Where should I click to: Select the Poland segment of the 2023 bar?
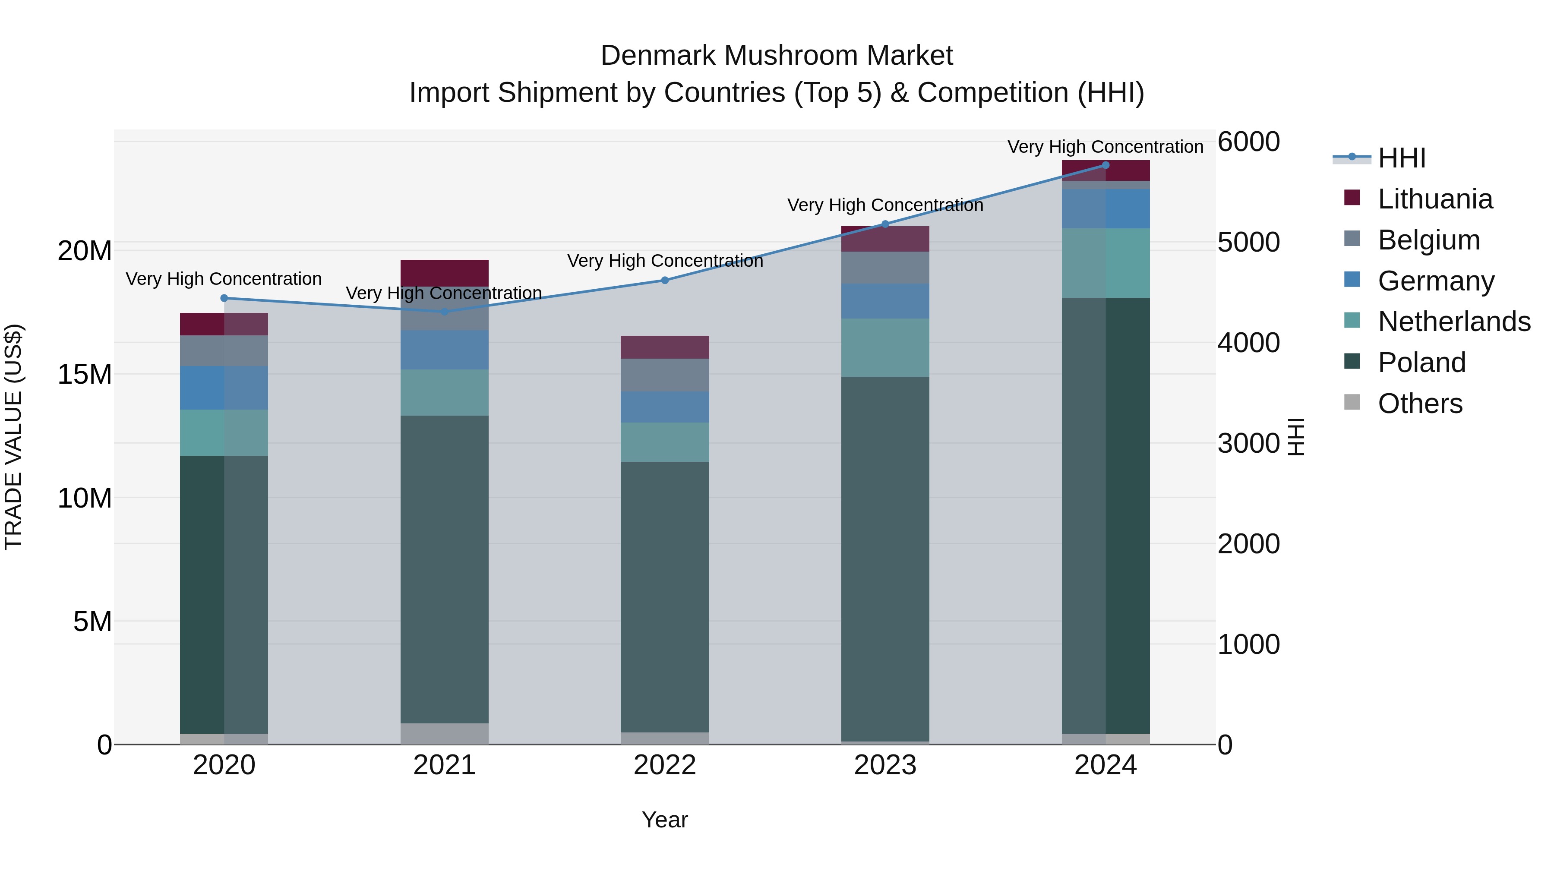[885, 558]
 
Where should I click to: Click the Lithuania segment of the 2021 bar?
[445, 273]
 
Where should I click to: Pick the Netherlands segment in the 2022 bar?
[665, 442]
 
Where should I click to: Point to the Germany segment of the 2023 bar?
[885, 301]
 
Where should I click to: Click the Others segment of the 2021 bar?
[445, 733]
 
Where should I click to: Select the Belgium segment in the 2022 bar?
[665, 375]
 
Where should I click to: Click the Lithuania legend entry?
[1434, 199]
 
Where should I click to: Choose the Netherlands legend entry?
[1454, 322]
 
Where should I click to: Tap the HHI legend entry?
[1401, 158]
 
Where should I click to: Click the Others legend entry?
[1420, 404]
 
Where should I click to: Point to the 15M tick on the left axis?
[85, 375]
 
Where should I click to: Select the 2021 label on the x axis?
[445, 765]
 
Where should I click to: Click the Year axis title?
[665, 820]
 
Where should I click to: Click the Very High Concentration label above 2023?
[885, 205]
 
